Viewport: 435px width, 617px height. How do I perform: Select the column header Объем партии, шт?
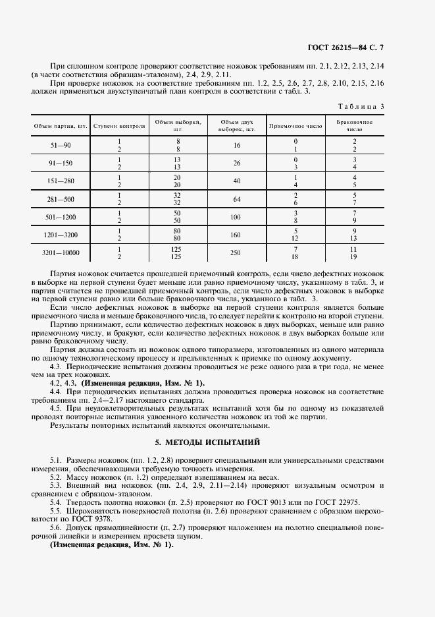[61, 125]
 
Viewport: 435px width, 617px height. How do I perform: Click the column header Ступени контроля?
[119, 125]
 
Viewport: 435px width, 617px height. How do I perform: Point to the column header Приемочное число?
[295, 125]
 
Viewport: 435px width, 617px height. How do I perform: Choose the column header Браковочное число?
[354, 125]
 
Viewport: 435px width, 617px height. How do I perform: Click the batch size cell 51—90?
[61, 145]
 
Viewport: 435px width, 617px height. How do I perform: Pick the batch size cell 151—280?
[61, 181]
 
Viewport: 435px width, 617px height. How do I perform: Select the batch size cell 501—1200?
[61, 217]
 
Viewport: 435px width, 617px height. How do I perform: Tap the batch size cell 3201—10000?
[61, 252]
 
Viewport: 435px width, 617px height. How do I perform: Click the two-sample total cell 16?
[237, 145]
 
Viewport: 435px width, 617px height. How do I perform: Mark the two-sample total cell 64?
[237, 199]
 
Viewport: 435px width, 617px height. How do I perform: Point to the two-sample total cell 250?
[237, 252]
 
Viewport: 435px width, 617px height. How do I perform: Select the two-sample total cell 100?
[237, 217]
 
